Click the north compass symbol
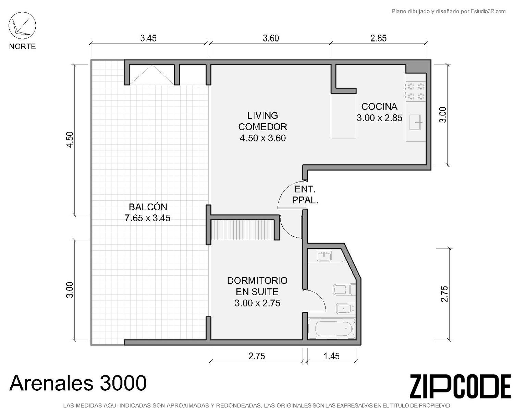click(22, 26)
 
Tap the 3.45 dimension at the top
click(148, 38)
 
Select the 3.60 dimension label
click(271, 38)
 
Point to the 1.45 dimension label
click(331, 356)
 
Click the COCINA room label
click(379, 107)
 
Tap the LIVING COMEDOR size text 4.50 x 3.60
click(263, 138)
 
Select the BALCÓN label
click(148, 207)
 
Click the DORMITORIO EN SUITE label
click(257, 286)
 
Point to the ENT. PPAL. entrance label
click(305, 195)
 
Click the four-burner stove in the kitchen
click(416, 91)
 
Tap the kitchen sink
click(416, 122)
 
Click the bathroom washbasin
click(324, 256)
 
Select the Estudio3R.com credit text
click(448, 11)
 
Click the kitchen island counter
click(343, 115)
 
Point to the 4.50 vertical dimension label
click(70, 140)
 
